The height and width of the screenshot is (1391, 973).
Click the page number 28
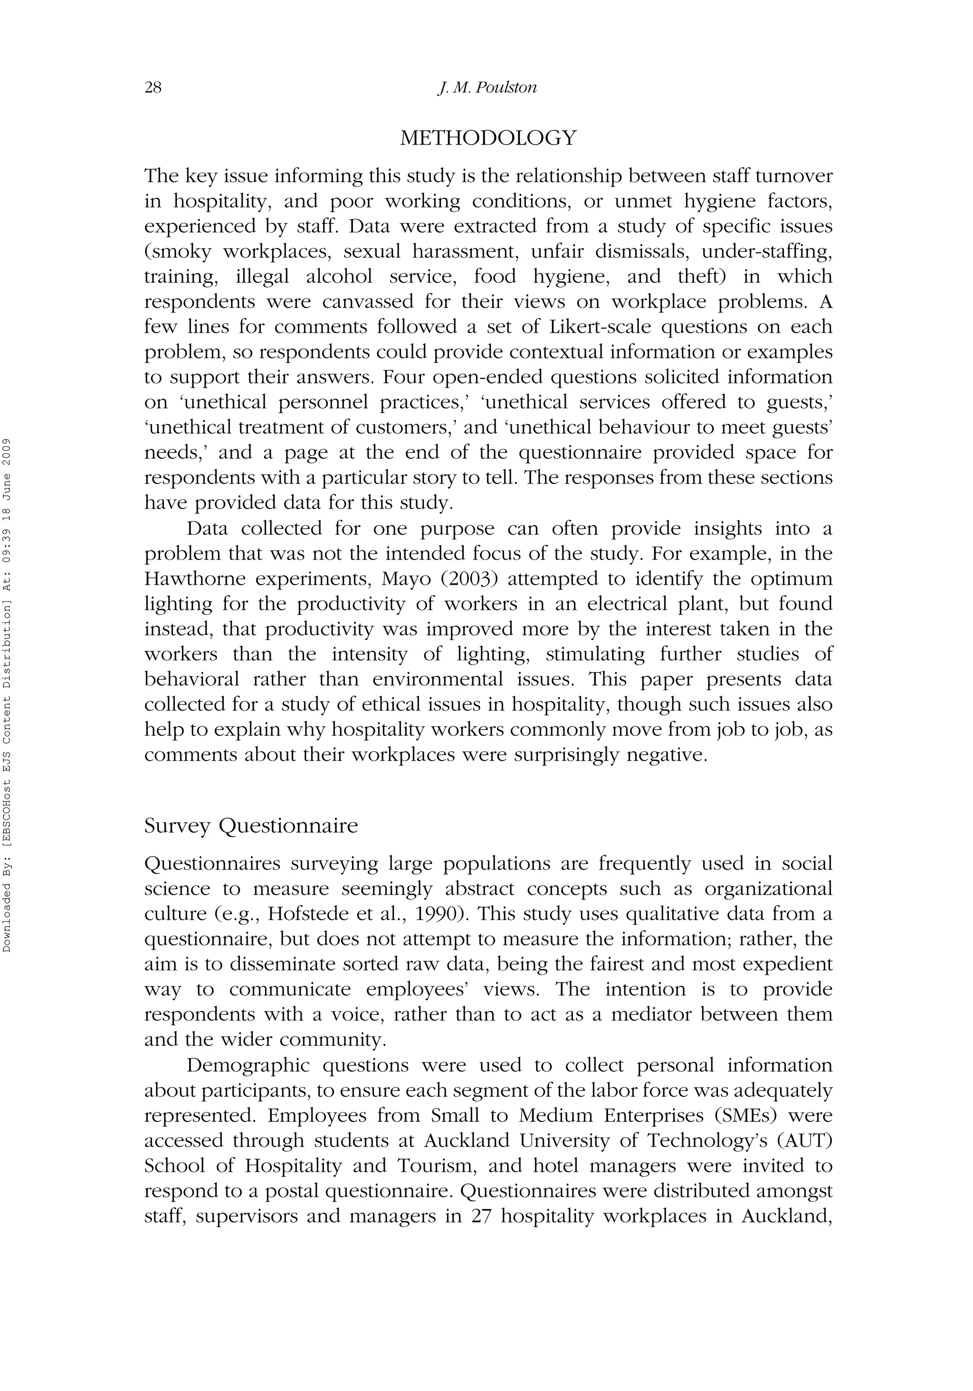point(153,88)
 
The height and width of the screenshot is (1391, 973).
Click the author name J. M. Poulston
point(487,88)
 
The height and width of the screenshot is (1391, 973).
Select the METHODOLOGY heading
point(488,138)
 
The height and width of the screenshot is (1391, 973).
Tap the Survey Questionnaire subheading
point(251,826)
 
